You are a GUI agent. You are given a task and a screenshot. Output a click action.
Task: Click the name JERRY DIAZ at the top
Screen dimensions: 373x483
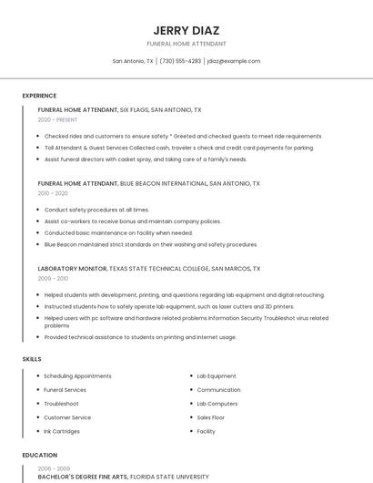coord(186,30)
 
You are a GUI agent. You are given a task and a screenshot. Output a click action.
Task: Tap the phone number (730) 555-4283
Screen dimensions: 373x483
coord(180,61)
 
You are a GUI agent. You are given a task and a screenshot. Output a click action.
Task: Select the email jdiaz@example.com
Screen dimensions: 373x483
coord(234,61)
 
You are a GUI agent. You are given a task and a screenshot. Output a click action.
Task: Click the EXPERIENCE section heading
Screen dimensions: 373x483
coord(39,95)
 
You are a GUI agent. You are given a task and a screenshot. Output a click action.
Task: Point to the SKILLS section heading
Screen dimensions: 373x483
coord(32,359)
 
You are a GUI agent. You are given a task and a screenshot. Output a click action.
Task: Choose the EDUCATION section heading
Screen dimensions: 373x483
coord(39,455)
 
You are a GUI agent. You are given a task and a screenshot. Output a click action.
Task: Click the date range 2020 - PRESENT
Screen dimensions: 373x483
coord(57,119)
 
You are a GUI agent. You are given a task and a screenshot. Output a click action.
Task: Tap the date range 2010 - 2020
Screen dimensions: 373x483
coord(53,193)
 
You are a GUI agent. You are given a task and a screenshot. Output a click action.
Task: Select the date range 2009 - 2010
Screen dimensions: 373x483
coord(53,278)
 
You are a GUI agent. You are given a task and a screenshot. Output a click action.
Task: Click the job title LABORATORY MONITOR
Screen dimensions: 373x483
coord(72,269)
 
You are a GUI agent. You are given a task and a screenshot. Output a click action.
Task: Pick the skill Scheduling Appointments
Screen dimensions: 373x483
coord(77,376)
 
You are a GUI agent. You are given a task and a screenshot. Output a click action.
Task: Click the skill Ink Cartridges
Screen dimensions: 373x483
coord(63,431)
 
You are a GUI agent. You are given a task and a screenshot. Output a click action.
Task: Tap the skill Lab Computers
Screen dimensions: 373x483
coord(217,404)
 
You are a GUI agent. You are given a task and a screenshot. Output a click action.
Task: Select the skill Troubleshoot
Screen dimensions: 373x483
coord(61,404)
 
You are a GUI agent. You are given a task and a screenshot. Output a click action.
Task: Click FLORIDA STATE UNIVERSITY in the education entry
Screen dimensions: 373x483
coord(170,477)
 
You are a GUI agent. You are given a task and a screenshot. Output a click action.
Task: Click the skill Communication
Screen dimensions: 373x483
coord(218,390)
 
